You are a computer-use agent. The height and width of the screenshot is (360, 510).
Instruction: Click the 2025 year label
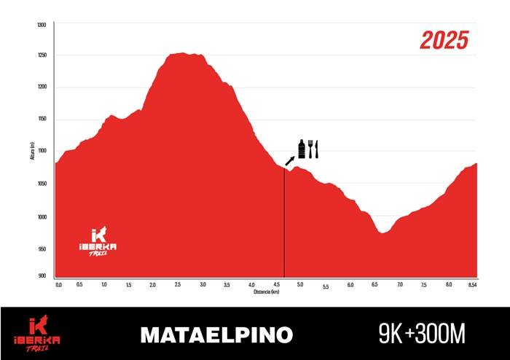[443, 40]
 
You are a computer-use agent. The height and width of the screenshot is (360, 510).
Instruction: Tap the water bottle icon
[302, 149]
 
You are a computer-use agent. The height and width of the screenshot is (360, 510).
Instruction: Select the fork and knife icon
[313, 149]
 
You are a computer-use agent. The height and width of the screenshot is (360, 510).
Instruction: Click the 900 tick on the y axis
[42, 276]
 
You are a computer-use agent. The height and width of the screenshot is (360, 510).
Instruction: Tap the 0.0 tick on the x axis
[58, 284]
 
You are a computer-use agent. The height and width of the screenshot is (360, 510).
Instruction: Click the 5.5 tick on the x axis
[326, 287]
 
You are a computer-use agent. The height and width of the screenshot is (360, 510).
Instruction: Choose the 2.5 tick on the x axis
[178, 284]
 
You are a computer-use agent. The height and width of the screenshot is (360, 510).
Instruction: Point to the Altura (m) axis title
[33, 151]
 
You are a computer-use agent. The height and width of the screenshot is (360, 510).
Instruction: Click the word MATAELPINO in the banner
[216, 334]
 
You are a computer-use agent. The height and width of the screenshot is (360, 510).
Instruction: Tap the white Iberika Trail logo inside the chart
[98, 242]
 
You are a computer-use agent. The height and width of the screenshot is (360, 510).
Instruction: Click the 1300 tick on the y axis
[41, 25]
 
